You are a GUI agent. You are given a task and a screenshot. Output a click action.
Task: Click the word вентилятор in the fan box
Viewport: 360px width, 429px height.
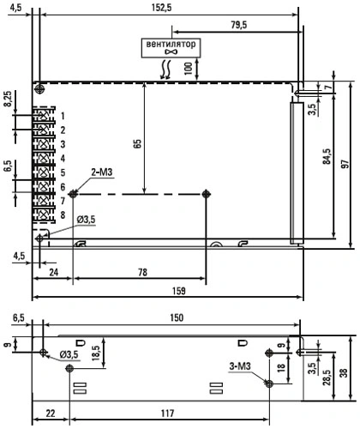point(171,44)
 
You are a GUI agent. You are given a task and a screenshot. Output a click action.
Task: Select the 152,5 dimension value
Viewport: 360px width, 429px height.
point(162,8)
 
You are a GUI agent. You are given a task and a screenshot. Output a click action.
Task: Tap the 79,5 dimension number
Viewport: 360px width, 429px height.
point(239,25)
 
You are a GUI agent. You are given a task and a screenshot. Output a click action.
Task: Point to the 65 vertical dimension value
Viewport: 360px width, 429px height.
point(137,143)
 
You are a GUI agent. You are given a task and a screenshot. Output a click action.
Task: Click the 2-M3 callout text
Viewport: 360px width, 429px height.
point(102,172)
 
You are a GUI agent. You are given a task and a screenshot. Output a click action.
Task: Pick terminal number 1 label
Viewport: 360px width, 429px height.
point(63,116)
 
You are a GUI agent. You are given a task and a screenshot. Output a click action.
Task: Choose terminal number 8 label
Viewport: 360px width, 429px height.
point(63,214)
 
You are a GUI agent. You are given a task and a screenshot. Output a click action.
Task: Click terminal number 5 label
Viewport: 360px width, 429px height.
point(63,172)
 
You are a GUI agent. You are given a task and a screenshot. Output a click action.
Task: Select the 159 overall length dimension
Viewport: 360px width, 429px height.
point(179,291)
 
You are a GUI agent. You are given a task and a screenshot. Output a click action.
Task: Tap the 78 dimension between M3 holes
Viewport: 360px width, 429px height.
point(142,272)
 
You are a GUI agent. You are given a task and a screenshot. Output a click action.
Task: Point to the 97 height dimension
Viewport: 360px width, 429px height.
point(345,164)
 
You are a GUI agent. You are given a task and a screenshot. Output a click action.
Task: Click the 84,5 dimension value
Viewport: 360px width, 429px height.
point(327,156)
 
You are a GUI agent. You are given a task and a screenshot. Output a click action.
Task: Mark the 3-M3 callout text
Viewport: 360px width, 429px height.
point(240,366)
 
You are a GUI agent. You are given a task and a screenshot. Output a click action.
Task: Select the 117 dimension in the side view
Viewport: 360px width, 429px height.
point(167,414)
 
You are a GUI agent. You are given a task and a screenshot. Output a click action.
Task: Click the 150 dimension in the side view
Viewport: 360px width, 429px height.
point(177,317)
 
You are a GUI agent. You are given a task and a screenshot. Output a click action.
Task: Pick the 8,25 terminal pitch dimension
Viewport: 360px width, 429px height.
point(8,99)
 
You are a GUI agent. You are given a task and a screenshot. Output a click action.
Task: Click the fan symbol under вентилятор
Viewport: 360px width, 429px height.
point(171,51)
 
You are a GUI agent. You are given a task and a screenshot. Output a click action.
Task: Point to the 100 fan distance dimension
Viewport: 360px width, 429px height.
point(189,69)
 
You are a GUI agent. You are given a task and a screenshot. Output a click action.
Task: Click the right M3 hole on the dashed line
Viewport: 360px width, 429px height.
point(206,194)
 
